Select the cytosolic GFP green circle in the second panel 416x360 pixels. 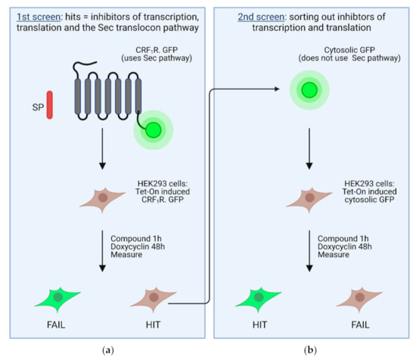(x=309, y=88)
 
